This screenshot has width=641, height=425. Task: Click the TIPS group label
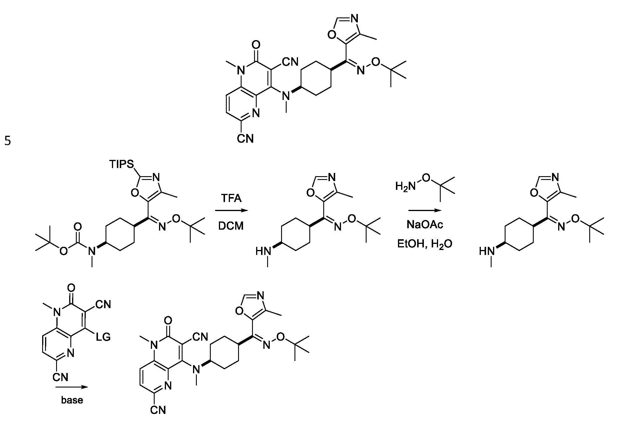(x=122, y=165)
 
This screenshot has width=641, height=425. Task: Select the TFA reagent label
(x=231, y=199)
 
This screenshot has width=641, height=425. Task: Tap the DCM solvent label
(x=231, y=226)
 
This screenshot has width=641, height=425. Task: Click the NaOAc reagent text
(x=425, y=225)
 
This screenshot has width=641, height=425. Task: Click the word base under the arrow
(x=72, y=400)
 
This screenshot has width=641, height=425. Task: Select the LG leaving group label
(x=103, y=337)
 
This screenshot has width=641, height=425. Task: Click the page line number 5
(x=8, y=141)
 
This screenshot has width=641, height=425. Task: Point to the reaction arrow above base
(x=72, y=387)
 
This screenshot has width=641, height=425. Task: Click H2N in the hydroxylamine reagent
(x=405, y=186)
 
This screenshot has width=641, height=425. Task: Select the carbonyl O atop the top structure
(x=256, y=45)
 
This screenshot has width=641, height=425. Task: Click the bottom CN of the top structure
(x=245, y=139)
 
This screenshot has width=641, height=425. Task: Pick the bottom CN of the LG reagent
(x=60, y=377)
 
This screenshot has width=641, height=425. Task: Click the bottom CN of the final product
(x=158, y=410)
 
